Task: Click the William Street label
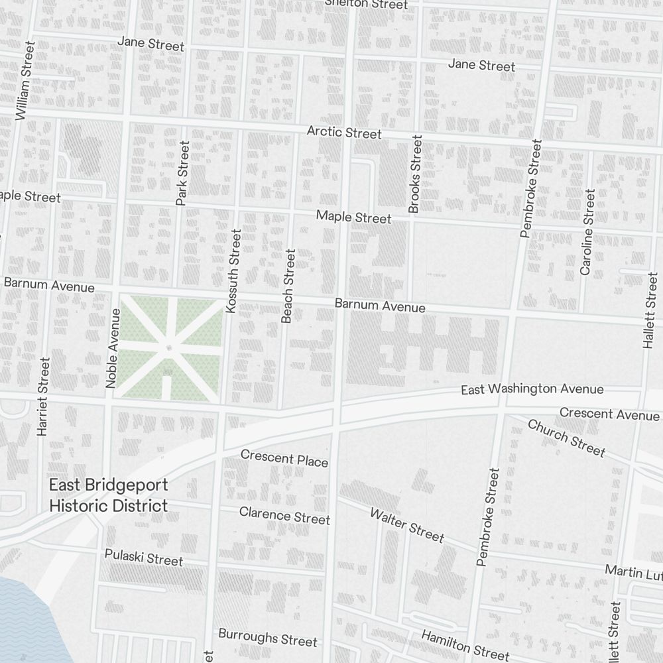[x=25, y=81]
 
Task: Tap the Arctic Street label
[x=343, y=133]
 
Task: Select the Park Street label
[x=183, y=172]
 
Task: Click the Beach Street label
[x=287, y=286]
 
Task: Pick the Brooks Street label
[x=415, y=174]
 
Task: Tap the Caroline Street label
[x=587, y=232]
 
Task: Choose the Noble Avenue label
[x=112, y=347]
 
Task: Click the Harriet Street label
[x=44, y=396]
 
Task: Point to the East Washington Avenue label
[x=532, y=389]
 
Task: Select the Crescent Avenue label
[x=609, y=414]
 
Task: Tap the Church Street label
[x=566, y=438]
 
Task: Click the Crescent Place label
[x=284, y=457]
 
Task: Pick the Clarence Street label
[x=284, y=514]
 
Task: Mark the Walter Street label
[x=406, y=524]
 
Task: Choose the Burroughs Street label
[x=268, y=637]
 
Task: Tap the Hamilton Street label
[x=465, y=644]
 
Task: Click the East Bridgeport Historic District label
[x=109, y=495]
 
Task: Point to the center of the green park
[x=169, y=349]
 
